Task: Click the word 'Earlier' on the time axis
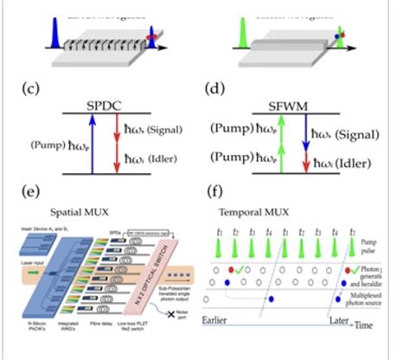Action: click(x=220, y=321)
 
